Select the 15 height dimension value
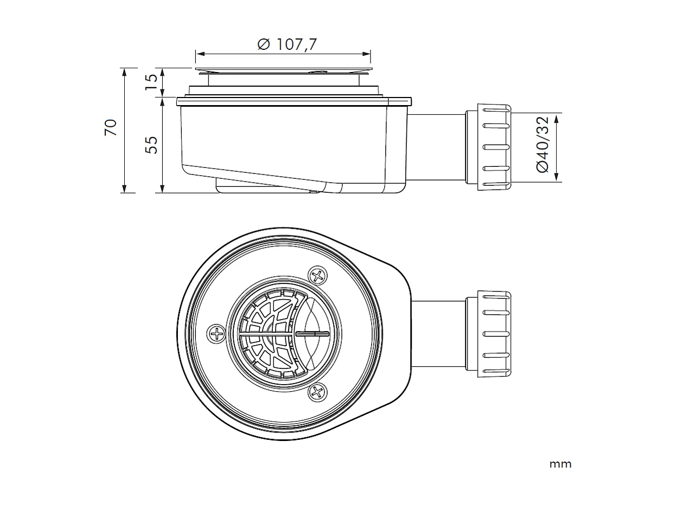coord(152,82)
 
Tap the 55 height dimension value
coord(152,144)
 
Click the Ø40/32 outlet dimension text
coord(543,144)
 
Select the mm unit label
coord(560,464)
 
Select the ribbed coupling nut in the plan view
coord(494,334)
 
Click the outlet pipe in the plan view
coord(438,334)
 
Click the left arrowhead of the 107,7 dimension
coord(199,54)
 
